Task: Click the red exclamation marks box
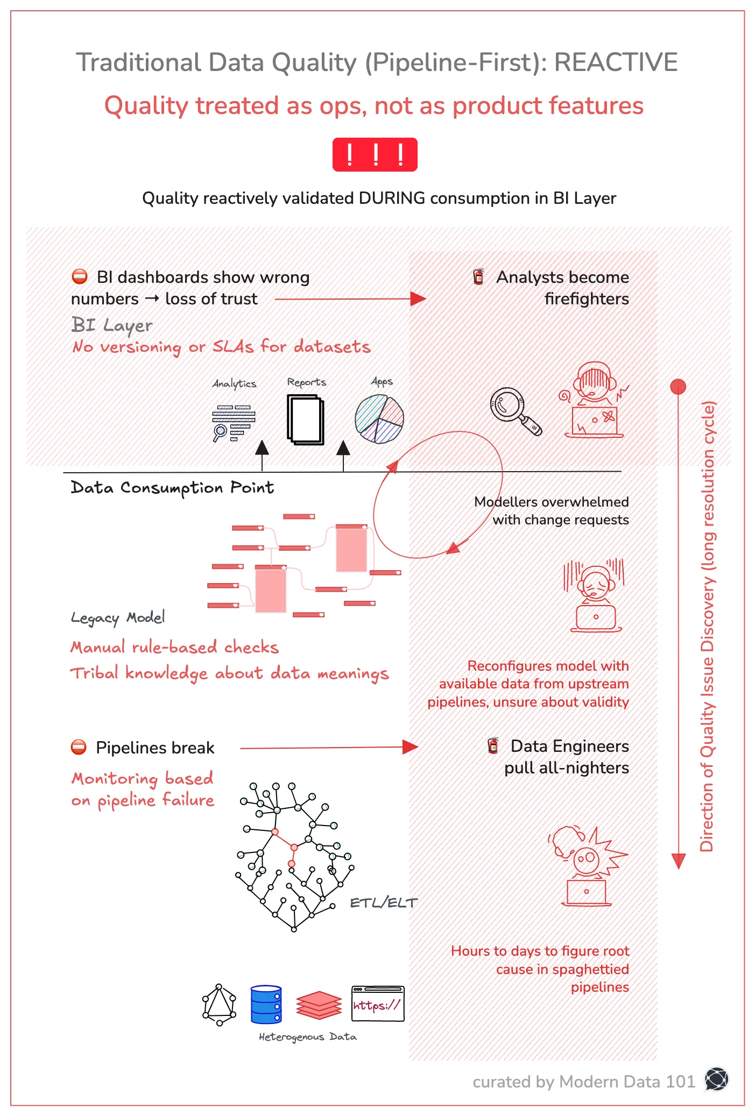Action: (x=375, y=155)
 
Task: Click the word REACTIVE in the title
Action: (x=616, y=62)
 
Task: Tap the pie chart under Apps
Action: (x=379, y=419)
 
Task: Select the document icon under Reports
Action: (x=306, y=420)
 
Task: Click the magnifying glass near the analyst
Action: (x=513, y=410)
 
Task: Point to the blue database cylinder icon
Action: (x=266, y=1004)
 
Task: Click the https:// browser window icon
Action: (x=378, y=1004)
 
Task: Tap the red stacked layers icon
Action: (x=319, y=1005)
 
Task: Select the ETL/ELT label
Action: (x=383, y=903)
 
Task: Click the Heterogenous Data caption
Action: (x=307, y=1036)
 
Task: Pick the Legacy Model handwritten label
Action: (x=118, y=617)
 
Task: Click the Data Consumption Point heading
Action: (x=172, y=487)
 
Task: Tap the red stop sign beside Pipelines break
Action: (x=79, y=747)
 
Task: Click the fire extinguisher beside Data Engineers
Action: (x=493, y=745)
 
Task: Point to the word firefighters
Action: (x=586, y=299)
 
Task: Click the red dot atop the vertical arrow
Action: (x=678, y=386)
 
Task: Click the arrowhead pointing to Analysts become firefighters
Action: (x=418, y=299)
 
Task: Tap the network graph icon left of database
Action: (x=219, y=1004)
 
